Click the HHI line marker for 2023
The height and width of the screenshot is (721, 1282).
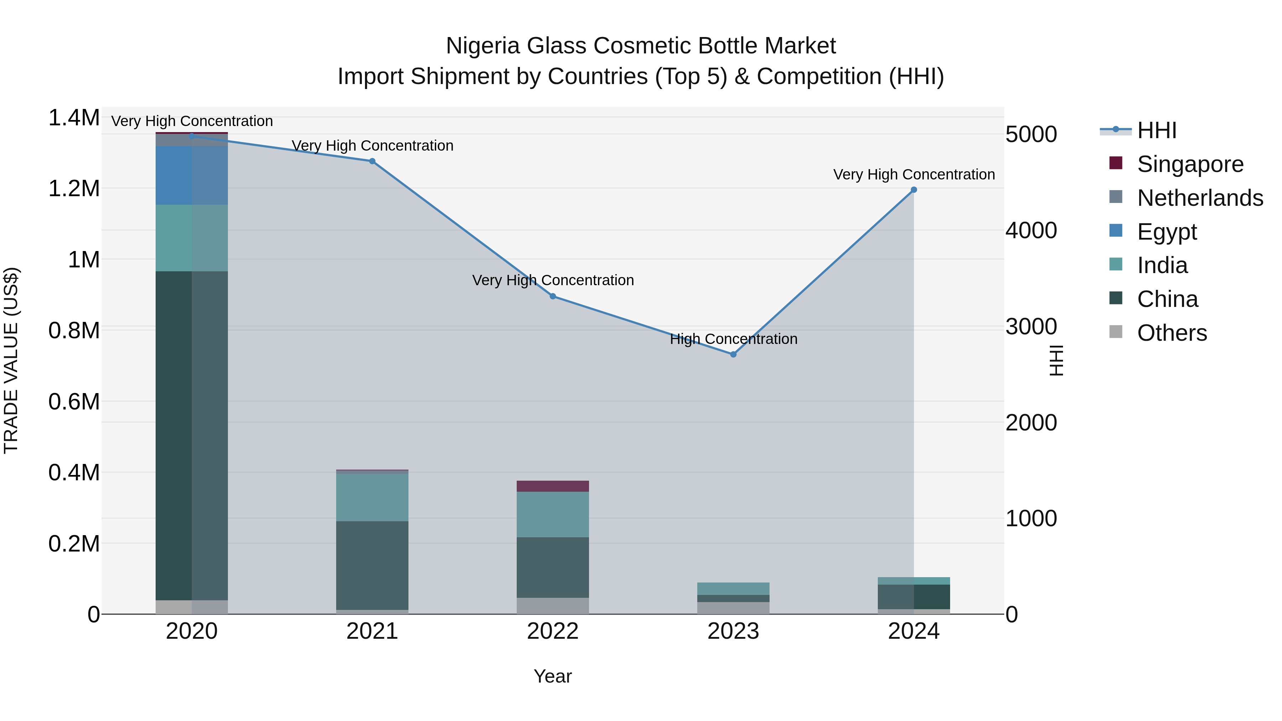[x=733, y=354]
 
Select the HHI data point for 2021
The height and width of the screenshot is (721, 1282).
[x=372, y=161]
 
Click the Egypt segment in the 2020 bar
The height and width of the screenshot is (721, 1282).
[x=192, y=175]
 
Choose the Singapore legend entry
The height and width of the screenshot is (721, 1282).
[x=1190, y=164]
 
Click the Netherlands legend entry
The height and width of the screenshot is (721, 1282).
[x=1200, y=198]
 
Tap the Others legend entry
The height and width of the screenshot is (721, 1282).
[x=1172, y=333]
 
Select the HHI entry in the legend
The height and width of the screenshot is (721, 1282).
[x=1157, y=130]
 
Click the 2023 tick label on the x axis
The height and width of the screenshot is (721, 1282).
[x=733, y=631]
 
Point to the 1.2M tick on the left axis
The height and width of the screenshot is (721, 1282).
[x=74, y=189]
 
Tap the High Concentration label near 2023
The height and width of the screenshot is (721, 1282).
[x=734, y=339]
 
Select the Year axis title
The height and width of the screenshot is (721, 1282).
[x=552, y=676]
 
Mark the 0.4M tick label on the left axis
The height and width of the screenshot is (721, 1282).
[x=74, y=473]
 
